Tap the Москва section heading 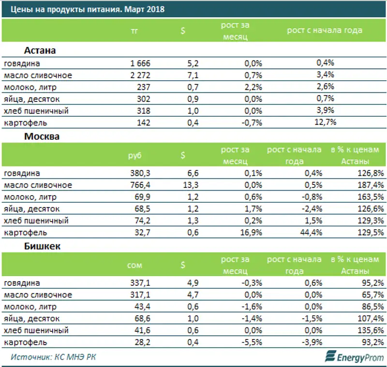tap(42, 137)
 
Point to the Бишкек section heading tap(42, 246)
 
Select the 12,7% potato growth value tap(325, 123)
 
